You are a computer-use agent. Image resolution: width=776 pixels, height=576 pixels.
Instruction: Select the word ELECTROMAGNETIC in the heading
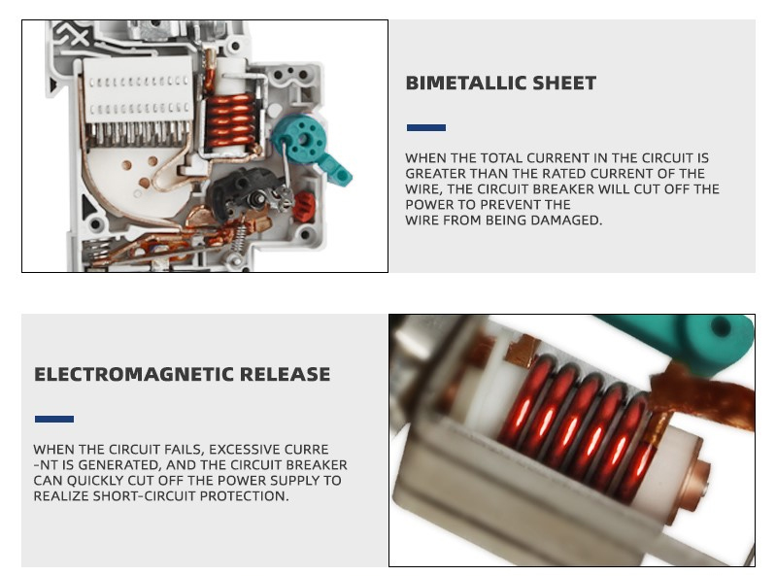pyautogui.click(x=133, y=374)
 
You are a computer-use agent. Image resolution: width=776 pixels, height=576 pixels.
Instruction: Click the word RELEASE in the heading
pyautogui.click(x=286, y=374)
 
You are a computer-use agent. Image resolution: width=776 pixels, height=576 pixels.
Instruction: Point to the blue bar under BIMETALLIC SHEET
pyautogui.click(x=426, y=127)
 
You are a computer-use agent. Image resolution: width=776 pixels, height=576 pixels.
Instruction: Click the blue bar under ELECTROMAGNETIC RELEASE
pyautogui.click(x=54, y=420)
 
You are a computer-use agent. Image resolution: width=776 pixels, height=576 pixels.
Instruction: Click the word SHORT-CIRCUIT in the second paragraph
pyautogui.click(x=145, y=495)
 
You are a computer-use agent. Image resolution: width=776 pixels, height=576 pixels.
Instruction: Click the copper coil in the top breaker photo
pyautogui.click(x=229, y=121)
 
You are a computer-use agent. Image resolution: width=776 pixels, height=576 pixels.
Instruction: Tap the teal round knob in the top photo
pyautogui.click(x=300, y=136)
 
